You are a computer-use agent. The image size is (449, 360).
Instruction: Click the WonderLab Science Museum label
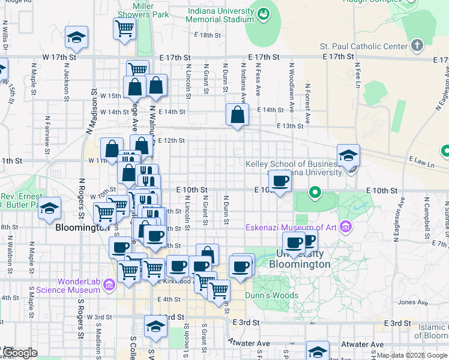click(79, 286)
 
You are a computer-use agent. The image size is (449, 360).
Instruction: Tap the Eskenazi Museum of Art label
click(291, 227)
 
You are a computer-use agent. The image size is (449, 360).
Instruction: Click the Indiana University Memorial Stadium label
click(220, 15)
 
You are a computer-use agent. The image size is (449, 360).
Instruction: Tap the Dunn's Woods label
click(271, 295)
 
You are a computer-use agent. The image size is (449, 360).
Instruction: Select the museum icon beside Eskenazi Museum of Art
click(345, 226)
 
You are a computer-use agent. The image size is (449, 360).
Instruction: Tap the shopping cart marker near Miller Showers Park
click(124, 28)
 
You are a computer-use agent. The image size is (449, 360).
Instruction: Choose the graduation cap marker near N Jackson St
click(77, 37)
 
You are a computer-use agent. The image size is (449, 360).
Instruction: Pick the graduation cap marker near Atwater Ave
click(318, 351)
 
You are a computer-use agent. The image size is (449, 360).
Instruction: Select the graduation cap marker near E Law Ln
click(348, 155)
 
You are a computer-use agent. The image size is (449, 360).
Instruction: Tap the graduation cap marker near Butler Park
click(50, 208)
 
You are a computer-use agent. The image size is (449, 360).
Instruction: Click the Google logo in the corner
click(20, 353)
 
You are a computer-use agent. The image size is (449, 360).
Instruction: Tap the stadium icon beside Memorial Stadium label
click(264, 13)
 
